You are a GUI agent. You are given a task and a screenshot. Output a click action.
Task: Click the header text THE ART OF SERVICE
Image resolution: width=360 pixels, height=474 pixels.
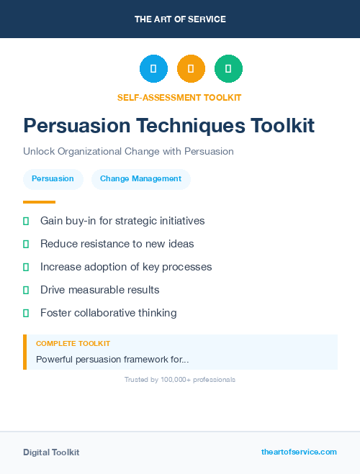pos(180,19)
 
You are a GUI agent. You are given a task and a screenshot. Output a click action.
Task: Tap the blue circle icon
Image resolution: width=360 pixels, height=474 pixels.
pos(153,68)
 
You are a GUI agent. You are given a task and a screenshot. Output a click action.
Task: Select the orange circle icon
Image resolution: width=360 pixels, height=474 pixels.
pos(191,68)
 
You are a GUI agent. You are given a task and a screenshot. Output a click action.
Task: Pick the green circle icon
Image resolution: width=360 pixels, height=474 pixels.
pos(228,68)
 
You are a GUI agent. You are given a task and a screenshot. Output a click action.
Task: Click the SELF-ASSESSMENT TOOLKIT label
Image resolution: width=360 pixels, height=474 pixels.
pos(180,97)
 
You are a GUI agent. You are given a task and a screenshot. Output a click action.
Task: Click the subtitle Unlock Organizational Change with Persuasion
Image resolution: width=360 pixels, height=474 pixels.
pos(128,152)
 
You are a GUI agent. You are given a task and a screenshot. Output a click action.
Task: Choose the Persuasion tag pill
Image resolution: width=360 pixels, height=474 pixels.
pos(53,178)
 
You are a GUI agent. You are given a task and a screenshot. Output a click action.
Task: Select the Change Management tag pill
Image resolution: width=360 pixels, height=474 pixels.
pos(140,178)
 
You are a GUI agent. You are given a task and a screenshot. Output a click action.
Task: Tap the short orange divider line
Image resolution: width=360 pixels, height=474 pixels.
pos(39,202)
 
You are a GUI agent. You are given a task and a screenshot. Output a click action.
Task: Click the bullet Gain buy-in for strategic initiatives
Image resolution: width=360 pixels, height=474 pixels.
pos(122,221)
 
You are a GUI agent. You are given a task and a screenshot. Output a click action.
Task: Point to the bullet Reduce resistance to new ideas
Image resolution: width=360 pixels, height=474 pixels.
pos(117,244)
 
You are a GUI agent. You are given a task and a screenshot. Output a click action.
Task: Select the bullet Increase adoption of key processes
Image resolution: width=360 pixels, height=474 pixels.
pos(126,267)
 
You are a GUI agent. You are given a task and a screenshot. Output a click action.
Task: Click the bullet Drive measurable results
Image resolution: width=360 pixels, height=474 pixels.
pos(99,290)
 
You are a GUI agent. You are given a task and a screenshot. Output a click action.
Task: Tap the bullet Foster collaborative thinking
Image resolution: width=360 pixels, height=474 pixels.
pos(108,313)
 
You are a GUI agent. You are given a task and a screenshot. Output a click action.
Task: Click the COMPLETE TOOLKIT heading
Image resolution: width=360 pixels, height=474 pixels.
pos(73,344)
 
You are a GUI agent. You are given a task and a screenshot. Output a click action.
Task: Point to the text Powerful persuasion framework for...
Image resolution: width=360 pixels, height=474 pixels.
pos(112,359)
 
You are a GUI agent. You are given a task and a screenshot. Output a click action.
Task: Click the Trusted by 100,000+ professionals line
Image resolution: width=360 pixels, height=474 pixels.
pos(180,379)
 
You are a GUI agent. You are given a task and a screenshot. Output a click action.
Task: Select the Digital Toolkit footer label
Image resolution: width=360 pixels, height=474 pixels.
pos(51,452)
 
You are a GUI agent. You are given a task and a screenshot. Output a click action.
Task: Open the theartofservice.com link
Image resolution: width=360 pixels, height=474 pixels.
pos(299,452)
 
